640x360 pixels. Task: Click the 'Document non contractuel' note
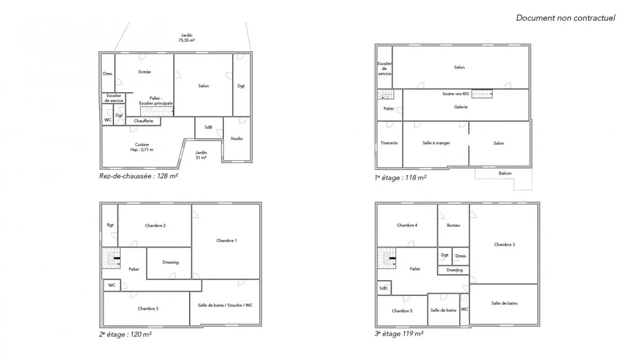(x=565, y=18)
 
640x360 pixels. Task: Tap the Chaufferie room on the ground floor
(x=143, y=121)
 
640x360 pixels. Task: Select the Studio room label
(x=237, y=139)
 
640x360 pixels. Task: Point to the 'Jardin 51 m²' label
(x=201, y=155)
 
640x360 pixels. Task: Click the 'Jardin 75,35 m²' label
(x=187, y=38)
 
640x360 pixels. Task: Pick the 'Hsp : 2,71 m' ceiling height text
(x=142, y=150)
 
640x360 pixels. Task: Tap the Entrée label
(x=145, y=72)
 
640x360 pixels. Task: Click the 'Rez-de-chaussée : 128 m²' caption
(x=139, y=176)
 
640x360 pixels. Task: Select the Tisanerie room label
(x=389, y=143)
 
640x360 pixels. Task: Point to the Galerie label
(x=461, y=107)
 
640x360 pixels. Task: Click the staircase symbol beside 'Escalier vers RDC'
(x=482, y=94)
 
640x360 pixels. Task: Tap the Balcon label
(x=505, y=173)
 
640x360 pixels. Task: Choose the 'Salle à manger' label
(x=436, y=143)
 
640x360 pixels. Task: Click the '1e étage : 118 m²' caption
(x=401, y=178)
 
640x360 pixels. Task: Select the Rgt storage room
(x=110, y=226)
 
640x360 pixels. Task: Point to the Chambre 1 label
(x=226, y=241)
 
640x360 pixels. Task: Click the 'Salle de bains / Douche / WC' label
(x=225, y=305)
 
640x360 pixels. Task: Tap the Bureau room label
(x=453, y=226)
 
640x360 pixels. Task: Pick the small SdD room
(x=384, y=288)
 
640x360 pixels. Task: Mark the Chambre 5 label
(x=402, y=311)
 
